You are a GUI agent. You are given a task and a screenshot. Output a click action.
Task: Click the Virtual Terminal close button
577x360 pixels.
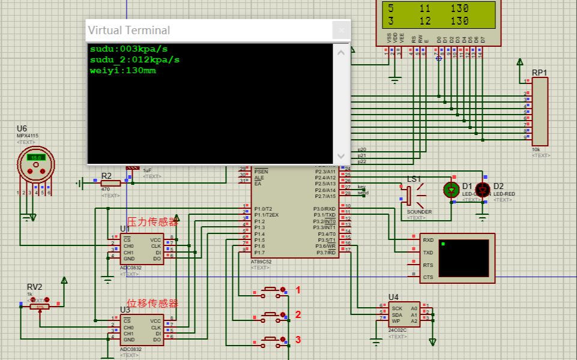coord(341,30)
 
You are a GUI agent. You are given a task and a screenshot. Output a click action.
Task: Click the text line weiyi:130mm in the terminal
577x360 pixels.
coord(122,71)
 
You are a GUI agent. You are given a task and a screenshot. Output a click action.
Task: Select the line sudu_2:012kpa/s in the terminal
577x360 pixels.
coord(134,60)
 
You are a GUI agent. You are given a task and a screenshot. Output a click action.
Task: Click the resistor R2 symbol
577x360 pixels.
coord(110,184)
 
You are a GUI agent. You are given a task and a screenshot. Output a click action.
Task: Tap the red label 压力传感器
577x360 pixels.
coord(153,222)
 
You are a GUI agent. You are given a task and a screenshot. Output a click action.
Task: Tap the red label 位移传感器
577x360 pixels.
coord(153,304)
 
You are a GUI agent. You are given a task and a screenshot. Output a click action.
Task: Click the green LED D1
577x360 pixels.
coord(451,190)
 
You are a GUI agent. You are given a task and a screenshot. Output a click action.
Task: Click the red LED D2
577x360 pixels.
coord(482,190)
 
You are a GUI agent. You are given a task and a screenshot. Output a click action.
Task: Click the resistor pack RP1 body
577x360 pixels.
coord(540,112)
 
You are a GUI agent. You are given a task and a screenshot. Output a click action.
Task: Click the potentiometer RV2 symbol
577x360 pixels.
coord(40,306)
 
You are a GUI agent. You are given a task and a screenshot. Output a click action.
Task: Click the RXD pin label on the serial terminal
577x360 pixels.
coord(428,240)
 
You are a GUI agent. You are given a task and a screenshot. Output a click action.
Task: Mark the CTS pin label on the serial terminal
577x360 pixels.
coord(427,277)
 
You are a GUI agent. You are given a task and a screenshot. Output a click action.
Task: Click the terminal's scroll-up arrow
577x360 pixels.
coord(341,52)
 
